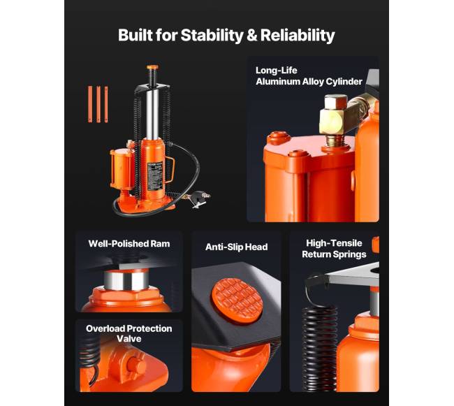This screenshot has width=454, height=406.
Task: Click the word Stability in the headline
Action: (212, 36)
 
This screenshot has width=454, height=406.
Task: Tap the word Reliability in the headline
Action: (298, 36)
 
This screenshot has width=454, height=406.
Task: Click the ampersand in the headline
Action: (252, 36)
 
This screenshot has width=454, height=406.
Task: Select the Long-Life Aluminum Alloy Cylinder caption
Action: (309, 76)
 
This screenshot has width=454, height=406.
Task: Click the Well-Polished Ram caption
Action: (129, 244)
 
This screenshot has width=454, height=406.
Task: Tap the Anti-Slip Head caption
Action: (236, 247)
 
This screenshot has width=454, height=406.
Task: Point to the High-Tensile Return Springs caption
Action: (334, 249)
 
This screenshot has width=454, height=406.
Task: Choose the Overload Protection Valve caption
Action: (129, 333)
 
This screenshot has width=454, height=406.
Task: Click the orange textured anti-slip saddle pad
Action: (237, 299)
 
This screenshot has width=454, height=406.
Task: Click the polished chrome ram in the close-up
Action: (126, 280)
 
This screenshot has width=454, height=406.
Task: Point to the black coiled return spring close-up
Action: (320, 347)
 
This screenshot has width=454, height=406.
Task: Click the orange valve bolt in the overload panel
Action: (136, 365)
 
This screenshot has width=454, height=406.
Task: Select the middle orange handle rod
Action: (98, 104)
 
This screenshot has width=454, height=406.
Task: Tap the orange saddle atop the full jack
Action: (152, 68)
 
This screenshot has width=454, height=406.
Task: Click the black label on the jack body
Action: (154, 176)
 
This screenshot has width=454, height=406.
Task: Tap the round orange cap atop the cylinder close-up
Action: (278, 137)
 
